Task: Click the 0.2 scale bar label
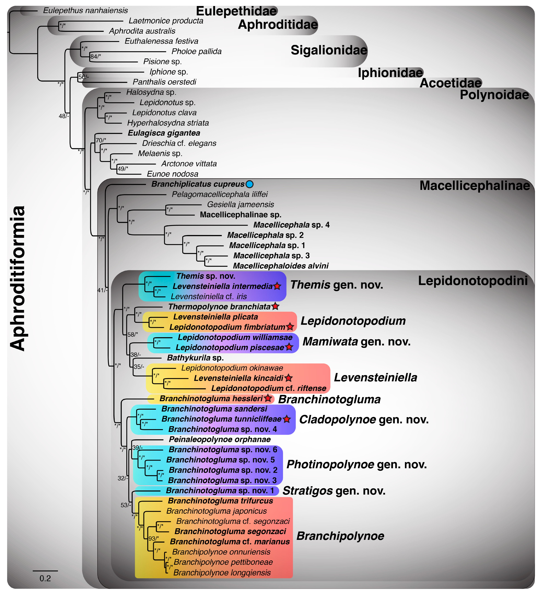(x=45, y=578)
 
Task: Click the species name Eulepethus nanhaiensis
(x=85, y=11)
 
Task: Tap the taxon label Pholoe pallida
(x=196, y=52)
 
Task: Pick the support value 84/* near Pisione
(x=95, y=57)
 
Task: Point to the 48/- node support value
(x=64, y=116)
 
